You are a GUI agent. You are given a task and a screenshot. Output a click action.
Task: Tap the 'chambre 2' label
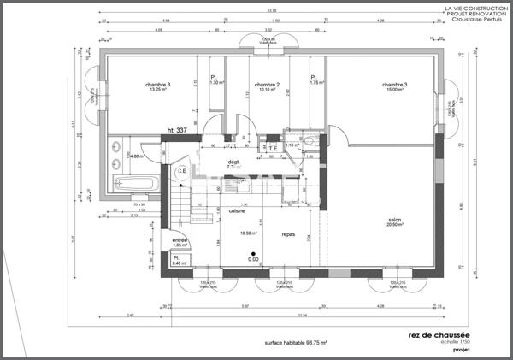pyautogui.click(x=268, y=85)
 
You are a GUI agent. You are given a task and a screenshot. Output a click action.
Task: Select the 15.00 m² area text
pyautogui.click(x=393, y=91)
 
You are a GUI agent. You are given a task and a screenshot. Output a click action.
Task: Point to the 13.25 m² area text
pyautogui.click(x=158, y=91)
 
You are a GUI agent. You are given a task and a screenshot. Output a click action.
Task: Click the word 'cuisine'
pyautogui.click(x=238, y=210)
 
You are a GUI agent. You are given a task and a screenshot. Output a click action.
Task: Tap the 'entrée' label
pyautogui.click(x=180, y=240)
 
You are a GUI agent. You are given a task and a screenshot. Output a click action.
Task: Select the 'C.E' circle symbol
pyautogui.click(x=181, y=172)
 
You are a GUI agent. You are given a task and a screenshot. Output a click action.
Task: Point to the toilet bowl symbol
pyautogui.click(x=310, y=142)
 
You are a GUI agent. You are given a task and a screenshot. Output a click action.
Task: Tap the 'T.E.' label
pyautogui.click(x=274, y=148)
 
